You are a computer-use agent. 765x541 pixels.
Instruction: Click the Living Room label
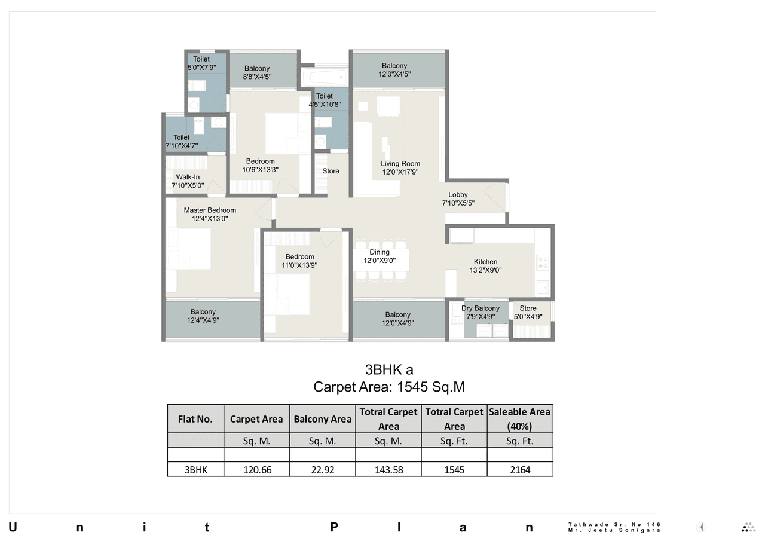[400, 168]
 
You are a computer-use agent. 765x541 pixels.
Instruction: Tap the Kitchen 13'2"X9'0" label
[485, 266]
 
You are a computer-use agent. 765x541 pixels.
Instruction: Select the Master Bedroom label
[210, 215]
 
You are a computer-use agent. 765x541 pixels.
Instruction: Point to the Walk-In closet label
[188, 181]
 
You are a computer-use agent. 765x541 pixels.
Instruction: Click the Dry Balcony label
[480, 313]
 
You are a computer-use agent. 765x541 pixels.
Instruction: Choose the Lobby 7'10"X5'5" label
[458, 198]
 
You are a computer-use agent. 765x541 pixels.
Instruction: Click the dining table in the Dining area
[382, 260]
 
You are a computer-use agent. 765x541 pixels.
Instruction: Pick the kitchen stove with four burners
[543, 262]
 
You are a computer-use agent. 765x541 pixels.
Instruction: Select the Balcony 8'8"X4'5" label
[257, 72]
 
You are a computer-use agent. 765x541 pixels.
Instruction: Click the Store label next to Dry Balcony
[528, 313]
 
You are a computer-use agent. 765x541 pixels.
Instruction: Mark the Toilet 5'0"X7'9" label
[201, 63]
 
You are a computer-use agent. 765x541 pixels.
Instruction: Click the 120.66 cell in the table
[257, 470]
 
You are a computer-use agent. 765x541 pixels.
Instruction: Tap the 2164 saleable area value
[519, 470]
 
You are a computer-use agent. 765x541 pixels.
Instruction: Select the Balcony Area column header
[322, 419]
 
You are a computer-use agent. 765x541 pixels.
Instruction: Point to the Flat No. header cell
[195, 419]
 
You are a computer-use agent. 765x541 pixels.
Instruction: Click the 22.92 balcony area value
[322, 470]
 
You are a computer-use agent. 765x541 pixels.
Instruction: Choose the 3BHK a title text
[389, 369]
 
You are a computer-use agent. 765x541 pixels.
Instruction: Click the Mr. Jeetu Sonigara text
[614, 530]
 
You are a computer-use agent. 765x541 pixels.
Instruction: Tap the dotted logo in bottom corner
[748, 527]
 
